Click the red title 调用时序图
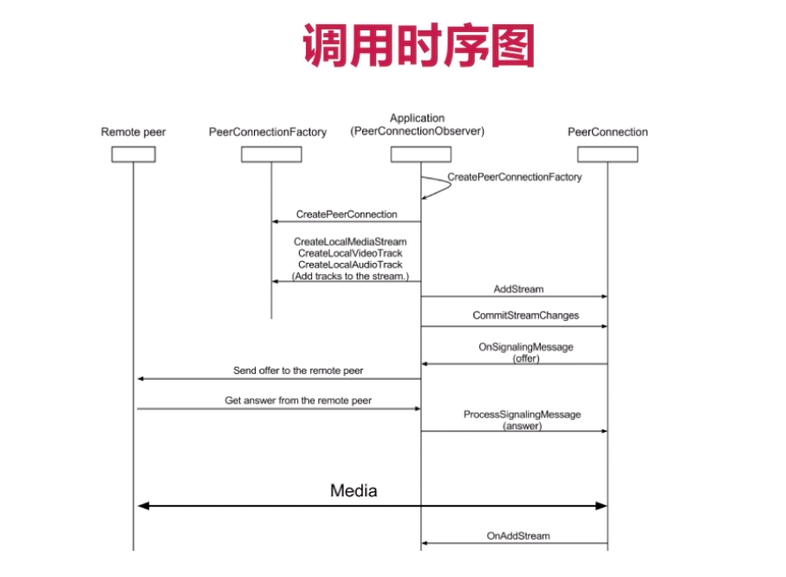coord(418,46)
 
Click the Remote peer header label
coord(133,132)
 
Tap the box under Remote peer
coord(133,154)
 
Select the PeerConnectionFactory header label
coord(268,132)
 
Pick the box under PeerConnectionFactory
coord(271,154)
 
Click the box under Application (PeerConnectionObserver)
coord(420,154)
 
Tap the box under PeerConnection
coord(607,154)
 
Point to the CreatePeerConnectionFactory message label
coord(515,177)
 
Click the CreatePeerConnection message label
coord(347,213)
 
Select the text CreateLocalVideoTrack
coord(350,252)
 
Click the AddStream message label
coord(519,289)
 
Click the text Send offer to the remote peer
coord(298,370)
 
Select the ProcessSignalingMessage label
coord(523,415)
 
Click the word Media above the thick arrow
coord(354,491)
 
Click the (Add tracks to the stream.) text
coord(350,275)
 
